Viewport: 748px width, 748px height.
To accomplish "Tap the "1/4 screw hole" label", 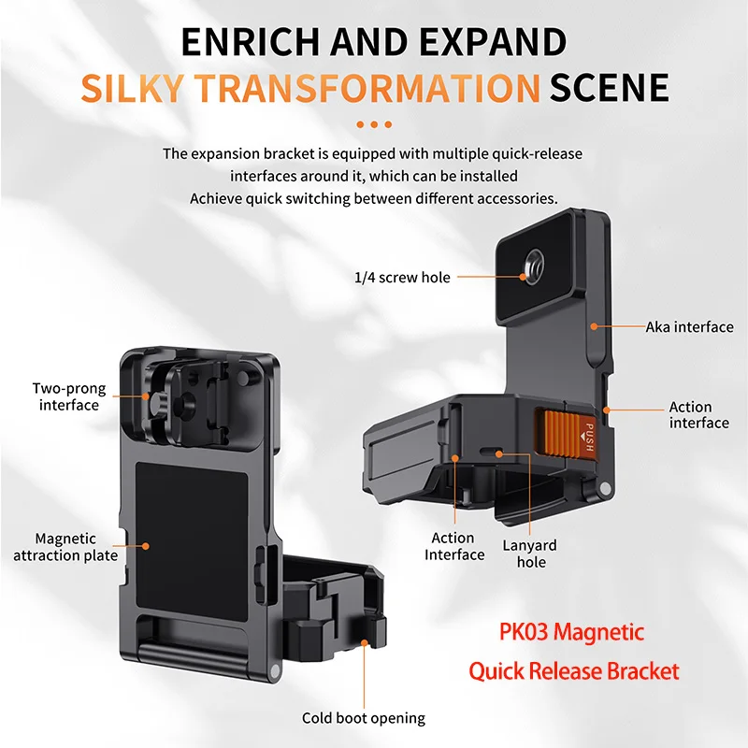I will pos(402,277).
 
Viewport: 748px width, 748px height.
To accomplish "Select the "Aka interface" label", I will pos(689,326).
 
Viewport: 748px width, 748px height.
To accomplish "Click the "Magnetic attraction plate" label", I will pos(65,547).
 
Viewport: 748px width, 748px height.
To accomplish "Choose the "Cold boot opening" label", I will pos(363,718).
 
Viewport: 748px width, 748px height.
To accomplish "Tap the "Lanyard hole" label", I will pos(530,554).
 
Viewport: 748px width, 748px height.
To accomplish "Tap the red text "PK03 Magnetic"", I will pos(556,631).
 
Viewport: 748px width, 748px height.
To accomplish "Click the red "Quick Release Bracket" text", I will pos(574,670).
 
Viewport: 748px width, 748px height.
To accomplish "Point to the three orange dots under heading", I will pos(374,123).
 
